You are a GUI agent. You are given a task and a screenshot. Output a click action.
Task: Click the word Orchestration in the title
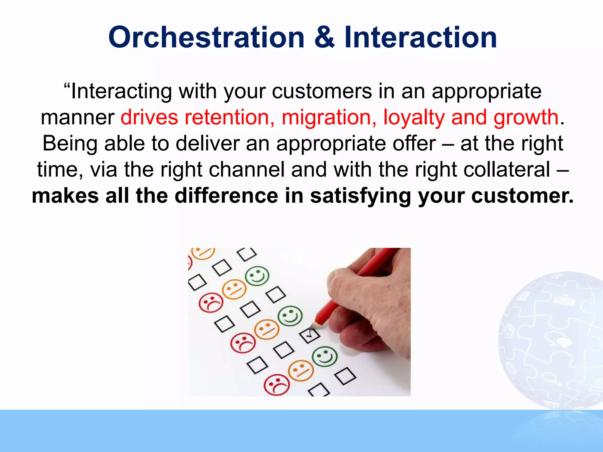point(206,37)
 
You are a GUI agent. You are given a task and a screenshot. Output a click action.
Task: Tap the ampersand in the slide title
point(324,37)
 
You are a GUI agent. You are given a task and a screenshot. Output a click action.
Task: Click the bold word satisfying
point(360,196)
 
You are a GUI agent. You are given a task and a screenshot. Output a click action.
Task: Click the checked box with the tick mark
point(309,335)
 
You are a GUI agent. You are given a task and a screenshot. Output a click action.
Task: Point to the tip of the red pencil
point(313,326)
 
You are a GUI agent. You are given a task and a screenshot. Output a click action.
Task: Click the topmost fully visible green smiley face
point(257,276)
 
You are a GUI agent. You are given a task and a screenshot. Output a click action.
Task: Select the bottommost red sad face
point(276,385)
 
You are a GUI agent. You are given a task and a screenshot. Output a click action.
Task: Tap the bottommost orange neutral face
point(300,370)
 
